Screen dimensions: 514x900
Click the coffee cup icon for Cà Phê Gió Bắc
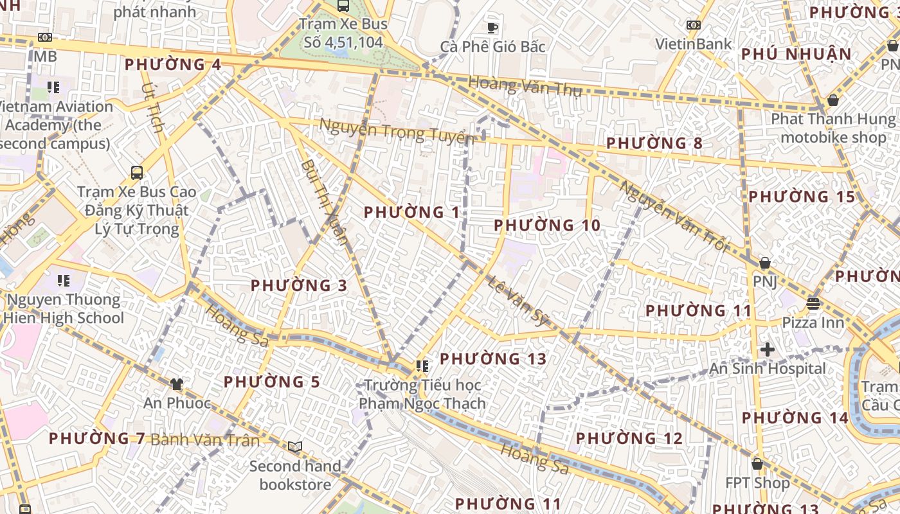tap(492, 27)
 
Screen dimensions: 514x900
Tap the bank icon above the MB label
tap(44, 37)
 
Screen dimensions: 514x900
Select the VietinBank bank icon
tap(693, 25)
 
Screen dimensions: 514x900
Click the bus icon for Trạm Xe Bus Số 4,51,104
tap(343, 6)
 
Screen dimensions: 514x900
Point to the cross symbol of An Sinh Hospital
tap(767, 350)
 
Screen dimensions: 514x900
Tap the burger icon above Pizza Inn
tap(813, 303)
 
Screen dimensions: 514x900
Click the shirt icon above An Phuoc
tap(177, 384)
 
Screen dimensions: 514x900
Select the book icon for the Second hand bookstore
tap(295, 447)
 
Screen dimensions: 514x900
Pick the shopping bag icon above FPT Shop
tap(757, 464)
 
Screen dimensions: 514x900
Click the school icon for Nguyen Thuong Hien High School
tap(63, 280)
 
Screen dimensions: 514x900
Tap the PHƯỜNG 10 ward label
tap(547, 226)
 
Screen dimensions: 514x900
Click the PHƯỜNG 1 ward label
tap(411, 212)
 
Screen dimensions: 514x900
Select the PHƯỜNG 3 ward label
tap(299, 285)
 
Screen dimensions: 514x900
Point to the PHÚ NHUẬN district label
tap(796, 54)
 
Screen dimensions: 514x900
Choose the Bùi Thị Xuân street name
tap(325, 201)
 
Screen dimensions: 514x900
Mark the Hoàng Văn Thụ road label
tap(525, 86)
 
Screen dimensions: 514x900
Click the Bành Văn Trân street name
tap(205, 440)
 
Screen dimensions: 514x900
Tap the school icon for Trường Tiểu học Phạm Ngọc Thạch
tap(422, 366)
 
